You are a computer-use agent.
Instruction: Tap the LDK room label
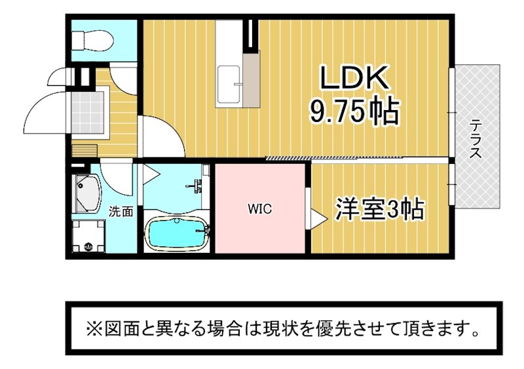coord(355,77)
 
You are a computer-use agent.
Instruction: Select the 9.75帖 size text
coord(354,110)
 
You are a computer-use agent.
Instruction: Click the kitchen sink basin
coord(229,84)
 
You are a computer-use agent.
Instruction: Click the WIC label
coord(259,209)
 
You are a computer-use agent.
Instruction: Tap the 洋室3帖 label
coord(380,210)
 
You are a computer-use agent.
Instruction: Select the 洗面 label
coord(121,212)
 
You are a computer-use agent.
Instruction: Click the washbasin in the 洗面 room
coord(86,194)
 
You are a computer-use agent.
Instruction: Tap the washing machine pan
coord(88,236)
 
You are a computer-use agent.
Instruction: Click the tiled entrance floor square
coord(88,112)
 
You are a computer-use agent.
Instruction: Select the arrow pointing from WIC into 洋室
coord(319,219)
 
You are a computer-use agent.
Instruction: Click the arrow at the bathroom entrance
coord(151,174)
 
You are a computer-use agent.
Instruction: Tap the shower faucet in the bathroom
coord(195,185)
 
